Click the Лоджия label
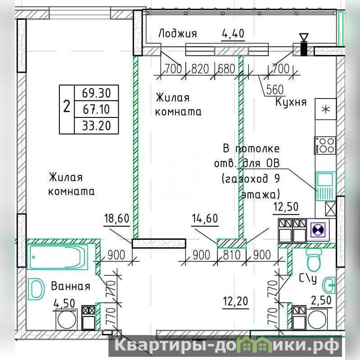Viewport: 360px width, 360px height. tap(177, 33)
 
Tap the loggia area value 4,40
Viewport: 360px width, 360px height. tap(233, 33)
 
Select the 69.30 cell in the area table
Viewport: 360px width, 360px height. tap(96, 93)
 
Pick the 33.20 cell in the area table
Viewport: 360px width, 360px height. tap(96, 126)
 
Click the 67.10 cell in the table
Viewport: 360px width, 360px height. tap(96, 109)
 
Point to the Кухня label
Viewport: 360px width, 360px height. tap(291, 102)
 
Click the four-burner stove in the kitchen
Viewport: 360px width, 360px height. tap(325, 145)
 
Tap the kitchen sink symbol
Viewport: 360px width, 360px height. tap(325, 185)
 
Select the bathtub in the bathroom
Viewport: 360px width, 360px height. tap(58, 257)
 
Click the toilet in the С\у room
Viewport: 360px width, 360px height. tap(314, 260)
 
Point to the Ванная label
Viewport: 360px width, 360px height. tap(71, 286)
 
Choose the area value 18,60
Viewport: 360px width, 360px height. tap(117, 218)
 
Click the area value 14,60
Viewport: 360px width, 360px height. tap(205, 218)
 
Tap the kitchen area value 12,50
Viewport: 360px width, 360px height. tap(286, 207)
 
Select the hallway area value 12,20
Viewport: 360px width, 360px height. tap(235, 301)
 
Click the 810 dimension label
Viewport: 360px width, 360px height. tap(232, 255)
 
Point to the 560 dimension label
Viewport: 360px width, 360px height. tap(275, 90)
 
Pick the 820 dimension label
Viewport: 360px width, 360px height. tap(200, 69)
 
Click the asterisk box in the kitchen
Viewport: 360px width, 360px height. tap(325, 109)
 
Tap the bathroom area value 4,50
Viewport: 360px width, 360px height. tap(64, 303)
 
